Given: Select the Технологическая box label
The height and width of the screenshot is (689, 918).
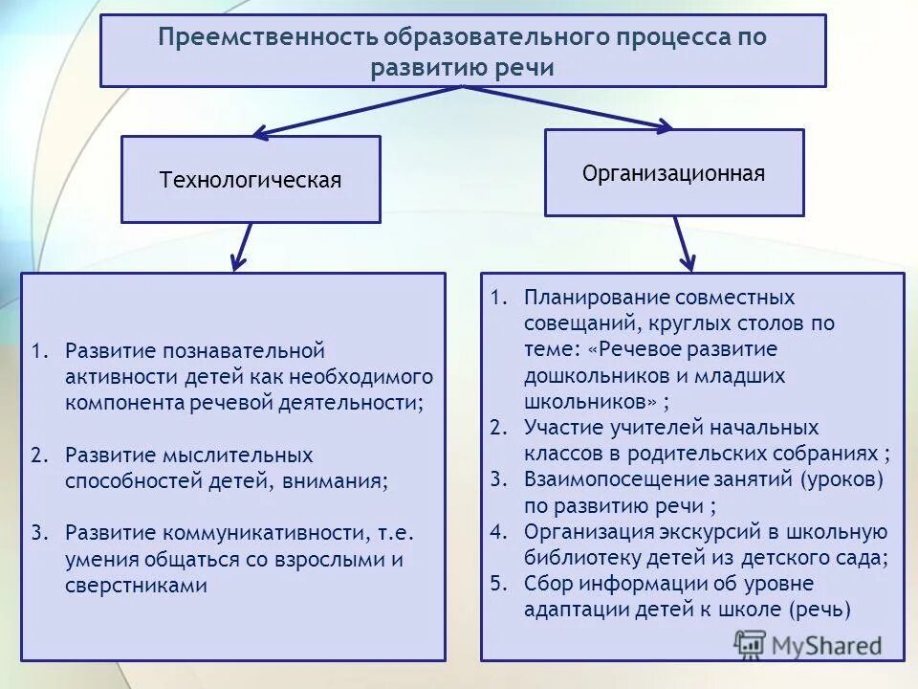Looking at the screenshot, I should tap(250, 180).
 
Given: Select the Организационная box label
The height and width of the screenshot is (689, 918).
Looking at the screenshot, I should tap(673, 173).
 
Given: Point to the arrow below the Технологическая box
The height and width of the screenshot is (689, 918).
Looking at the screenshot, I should tap(242, 247).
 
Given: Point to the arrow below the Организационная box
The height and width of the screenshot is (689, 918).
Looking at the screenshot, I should tap(683, 243).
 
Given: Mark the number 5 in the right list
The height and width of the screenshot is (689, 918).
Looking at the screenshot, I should tap(496, 583).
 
